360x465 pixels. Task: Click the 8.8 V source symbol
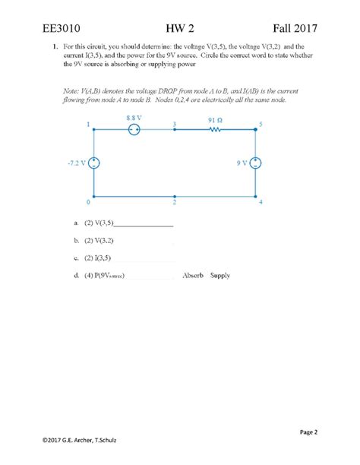pyautogui.click(x=134, y=130)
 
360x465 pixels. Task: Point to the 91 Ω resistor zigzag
pyautogui.click(x=216, y=130)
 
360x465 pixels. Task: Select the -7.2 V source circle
pyautogui.click(x=93, y=163)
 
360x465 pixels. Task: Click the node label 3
pyautogui.click(x=175, y=124)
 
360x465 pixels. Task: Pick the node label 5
pyautogui.click(x=261, y=124)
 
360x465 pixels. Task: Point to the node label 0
pyautogui.click(x=88, y=203)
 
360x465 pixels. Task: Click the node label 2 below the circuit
pyautogui.click(x=175, y=203)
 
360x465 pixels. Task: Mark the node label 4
pyautogui.click(x=261, y=203)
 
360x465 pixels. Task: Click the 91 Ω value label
pyautogui.click(x=215, y=119)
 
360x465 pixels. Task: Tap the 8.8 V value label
pyautogui.click(x=134, y=118)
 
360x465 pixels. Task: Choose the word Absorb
pyautogui.click(x=193, y=275)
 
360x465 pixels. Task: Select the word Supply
pyautogui.click(x=220, y=275)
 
